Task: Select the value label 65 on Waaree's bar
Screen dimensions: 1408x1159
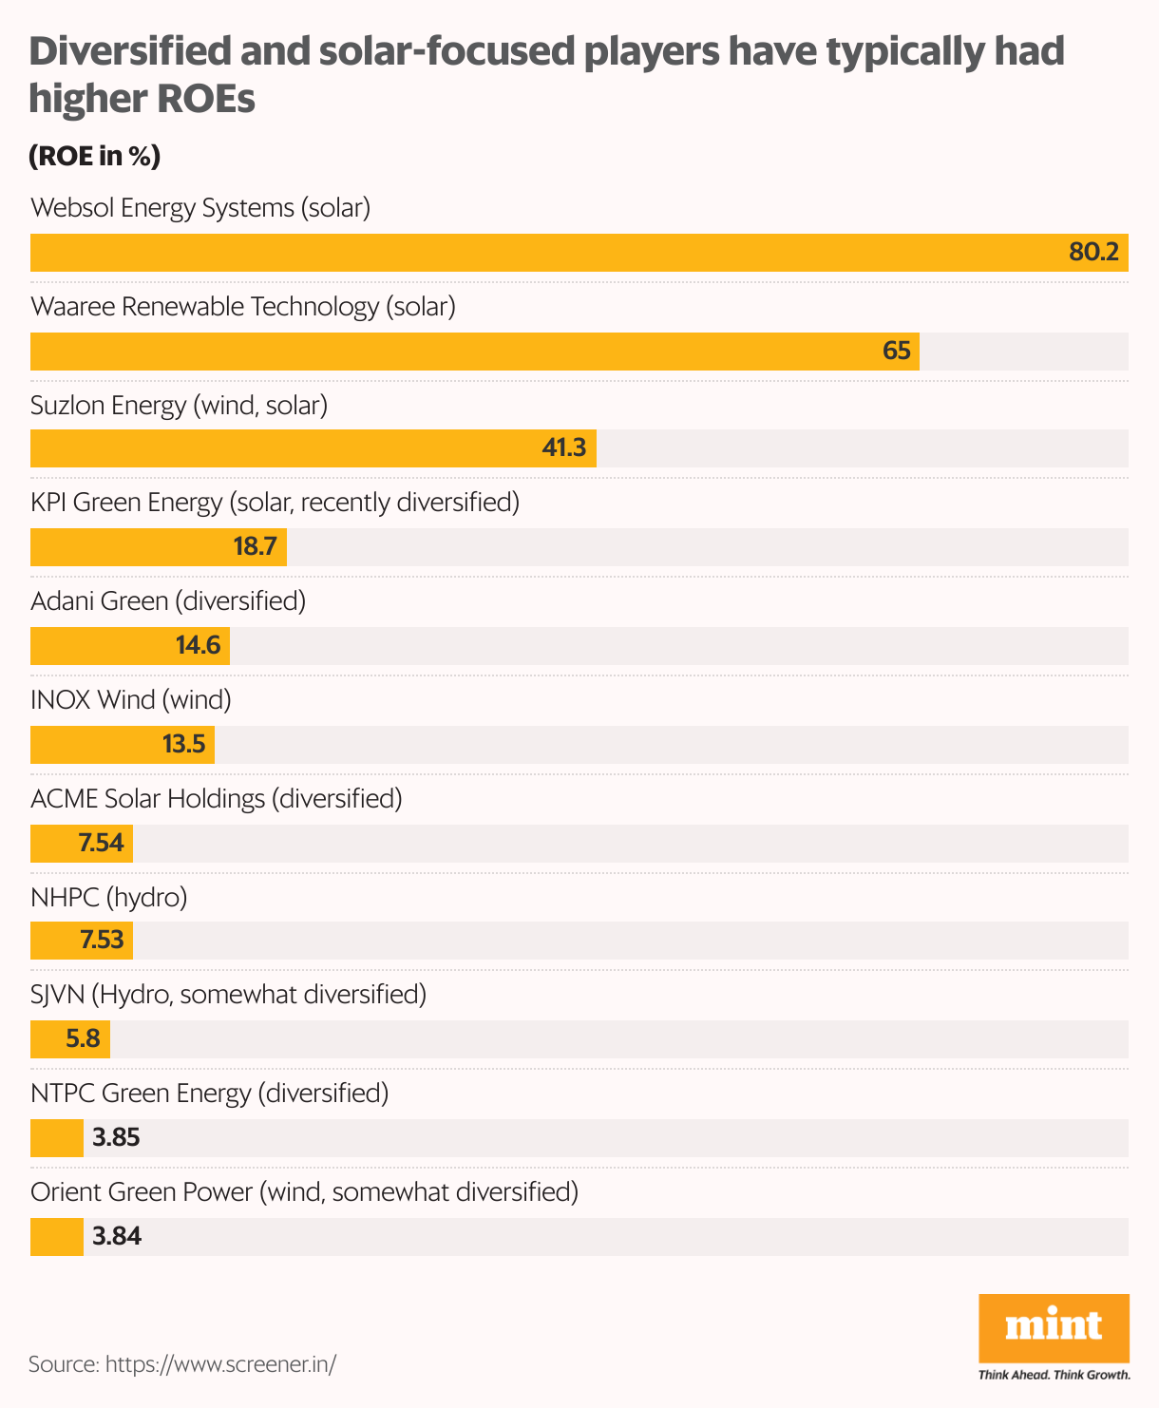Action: tap(896, 352)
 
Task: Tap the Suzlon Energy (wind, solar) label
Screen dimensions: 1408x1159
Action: tap(179, 406)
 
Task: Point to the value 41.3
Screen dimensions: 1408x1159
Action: tap(563, 448)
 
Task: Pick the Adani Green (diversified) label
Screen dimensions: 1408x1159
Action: tap(168, 601)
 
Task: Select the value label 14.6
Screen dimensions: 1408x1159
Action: tap(198, 646)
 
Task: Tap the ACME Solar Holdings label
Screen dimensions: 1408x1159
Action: tap(217, 799)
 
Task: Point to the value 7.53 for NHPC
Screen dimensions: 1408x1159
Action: tap(102, 941)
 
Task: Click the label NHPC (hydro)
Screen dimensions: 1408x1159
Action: tap(108, 898)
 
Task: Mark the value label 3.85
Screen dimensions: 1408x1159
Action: tap(116, 1138)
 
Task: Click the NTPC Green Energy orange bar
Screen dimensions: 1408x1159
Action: tap(57, 1138)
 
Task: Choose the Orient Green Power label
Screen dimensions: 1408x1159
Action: tap(304, 1192)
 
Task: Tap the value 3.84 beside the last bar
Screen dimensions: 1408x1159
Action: tap(116, 1237)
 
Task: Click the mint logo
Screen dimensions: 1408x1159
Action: tap(1054, 1328)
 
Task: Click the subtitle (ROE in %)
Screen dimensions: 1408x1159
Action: tap(95, 156)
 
